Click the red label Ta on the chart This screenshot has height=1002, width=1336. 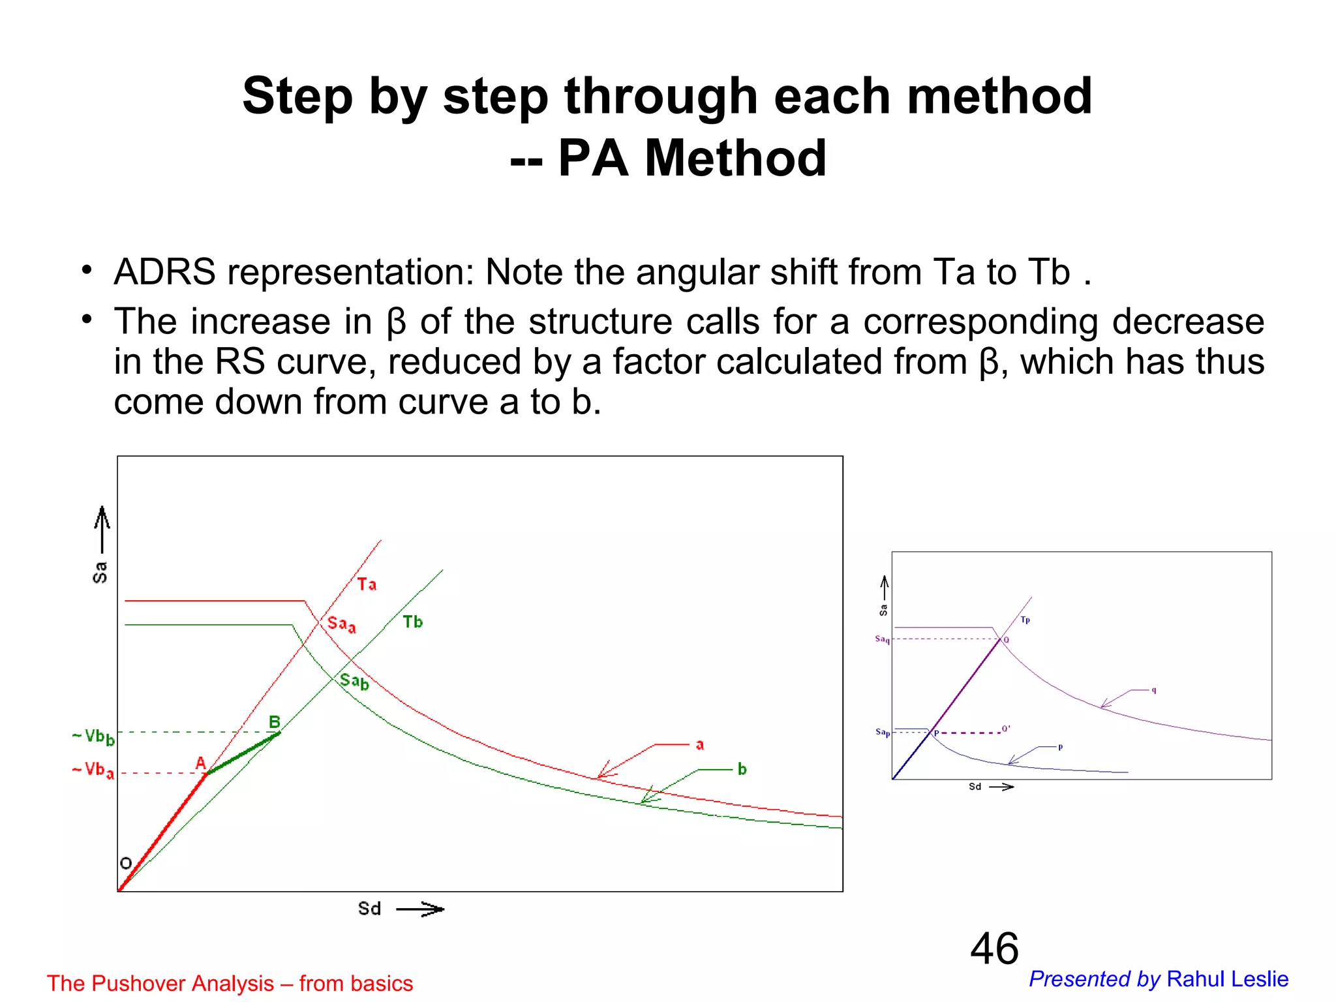pos(367,584)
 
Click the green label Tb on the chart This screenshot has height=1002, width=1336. pos(412,622)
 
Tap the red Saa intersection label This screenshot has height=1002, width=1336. pos(341,624)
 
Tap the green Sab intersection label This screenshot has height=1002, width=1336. pos(354,682)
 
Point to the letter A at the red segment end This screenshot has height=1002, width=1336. pos(201,763)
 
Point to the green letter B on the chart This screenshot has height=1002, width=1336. pos(275,722)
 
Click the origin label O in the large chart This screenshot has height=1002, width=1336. pos(126,863)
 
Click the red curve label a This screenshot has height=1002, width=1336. pos(699,744)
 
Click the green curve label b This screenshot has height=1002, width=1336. pos(742,769)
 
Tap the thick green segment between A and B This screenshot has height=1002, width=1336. pos(243,753)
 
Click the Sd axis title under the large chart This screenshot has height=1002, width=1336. pos(369,909)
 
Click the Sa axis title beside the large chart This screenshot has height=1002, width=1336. pos(100,572)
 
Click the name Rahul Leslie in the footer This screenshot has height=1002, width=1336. pos(1227,979)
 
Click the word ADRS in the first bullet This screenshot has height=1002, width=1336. pos(164,272)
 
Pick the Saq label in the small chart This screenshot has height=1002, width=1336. pos(882,639)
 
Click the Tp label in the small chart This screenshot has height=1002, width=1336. pos(1025,620)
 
